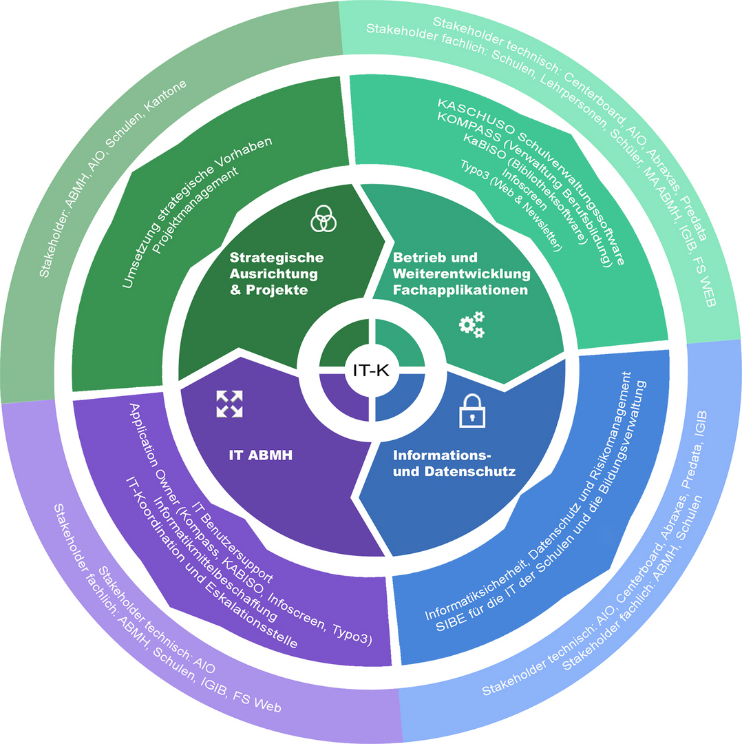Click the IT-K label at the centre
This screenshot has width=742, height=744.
[x=370, y=370]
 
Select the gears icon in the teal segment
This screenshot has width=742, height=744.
[x=471, y=324]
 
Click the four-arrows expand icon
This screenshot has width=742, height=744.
[x=230, y=402]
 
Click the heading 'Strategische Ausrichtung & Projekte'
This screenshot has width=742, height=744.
[x=276, y=274]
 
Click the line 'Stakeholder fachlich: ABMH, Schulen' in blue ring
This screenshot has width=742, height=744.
[x=634, y=589]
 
